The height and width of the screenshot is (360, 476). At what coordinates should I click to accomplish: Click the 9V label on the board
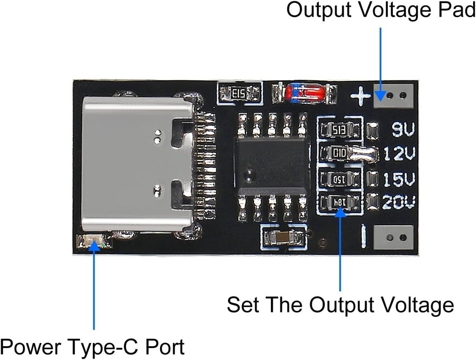click(x=403, y=129)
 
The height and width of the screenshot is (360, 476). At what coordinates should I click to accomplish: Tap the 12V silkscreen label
click(x=399, y=154)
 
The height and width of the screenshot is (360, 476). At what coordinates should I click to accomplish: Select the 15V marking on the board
click(x=399, y=179)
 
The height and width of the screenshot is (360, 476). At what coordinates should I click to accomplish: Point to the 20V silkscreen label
click(x=399, y=203)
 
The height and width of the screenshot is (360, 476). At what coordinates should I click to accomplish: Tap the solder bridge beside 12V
click(x=364, y=154)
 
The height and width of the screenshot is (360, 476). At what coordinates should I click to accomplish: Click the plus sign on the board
click(x=360, y=97)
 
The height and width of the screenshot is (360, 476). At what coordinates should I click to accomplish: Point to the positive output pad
click(x=393, y=95)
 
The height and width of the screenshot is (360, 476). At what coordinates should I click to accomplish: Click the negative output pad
click(x=393, y=237)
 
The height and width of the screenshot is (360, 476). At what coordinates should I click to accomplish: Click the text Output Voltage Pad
click(x=380, y=10)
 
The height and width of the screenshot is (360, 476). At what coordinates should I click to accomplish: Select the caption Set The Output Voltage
click(x=340, y=305)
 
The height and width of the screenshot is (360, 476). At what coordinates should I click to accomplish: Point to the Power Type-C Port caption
click(x=93, y=347)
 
